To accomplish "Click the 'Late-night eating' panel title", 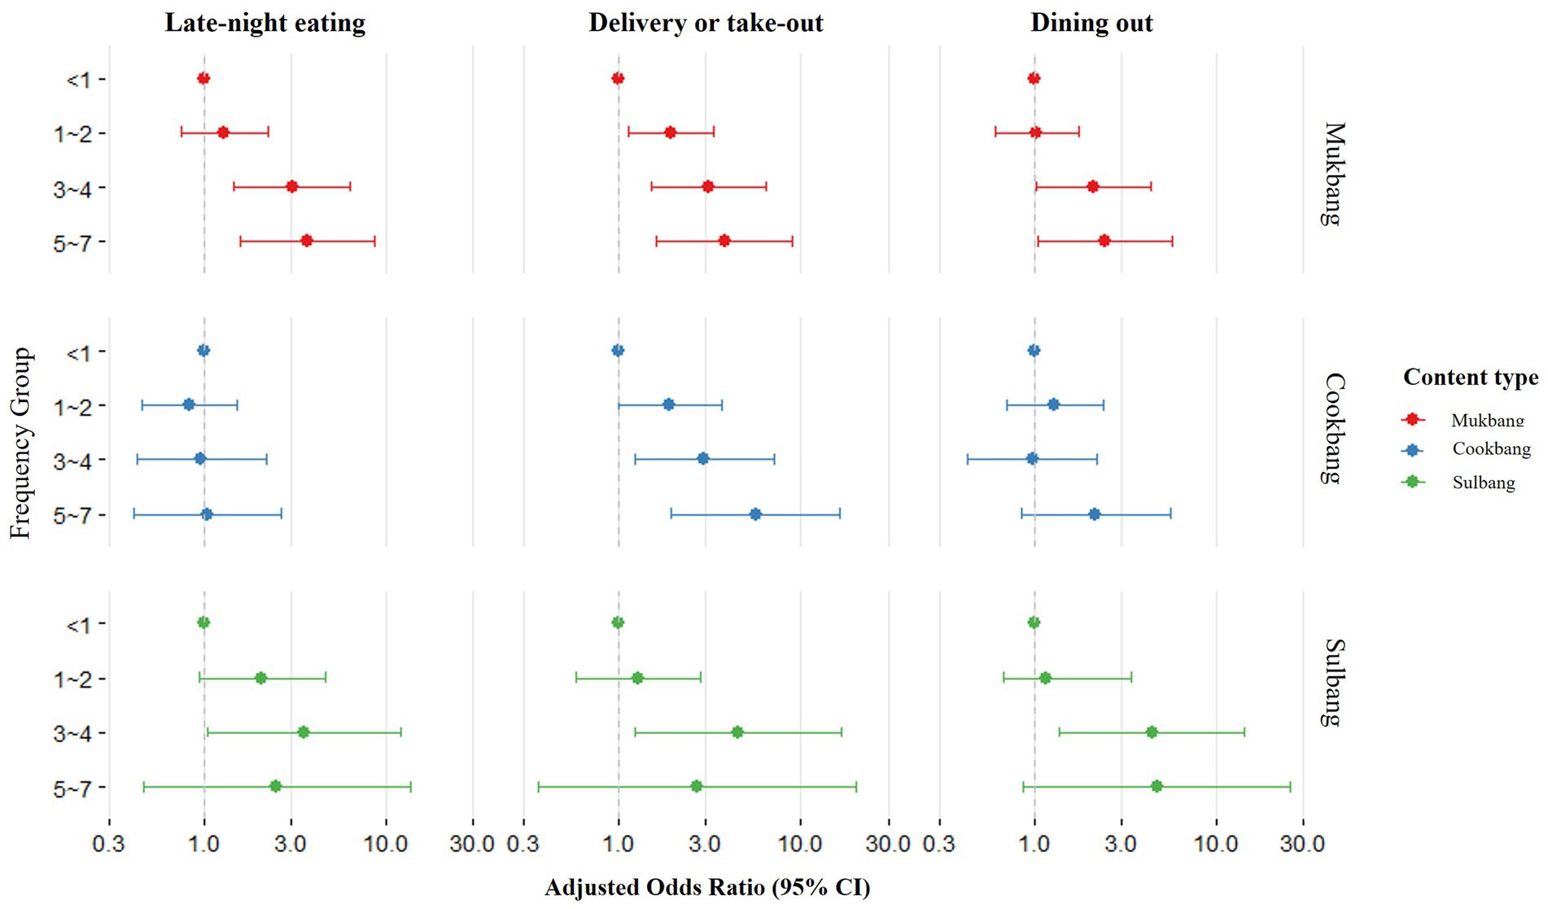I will pos(265,23).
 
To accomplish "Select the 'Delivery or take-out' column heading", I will pos(706,23).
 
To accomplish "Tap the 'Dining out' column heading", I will pos(1091,23).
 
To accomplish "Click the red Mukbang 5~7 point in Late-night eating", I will pos(307,241).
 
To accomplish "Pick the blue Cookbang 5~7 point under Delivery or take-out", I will pos(755,514).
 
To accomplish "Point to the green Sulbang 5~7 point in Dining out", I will pos(1157,786).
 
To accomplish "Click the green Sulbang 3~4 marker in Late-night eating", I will pos(304,732).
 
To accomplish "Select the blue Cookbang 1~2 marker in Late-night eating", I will pos(189,404).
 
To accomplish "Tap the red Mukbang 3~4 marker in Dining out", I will pos(1093,187).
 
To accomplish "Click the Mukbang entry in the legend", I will pos(1486,420).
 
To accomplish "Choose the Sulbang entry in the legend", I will pos(1483,483).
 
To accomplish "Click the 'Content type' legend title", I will pos(1471,378).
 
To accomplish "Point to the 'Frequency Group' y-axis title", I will pos(20,443).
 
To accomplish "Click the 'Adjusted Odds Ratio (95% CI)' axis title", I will pos(707,888).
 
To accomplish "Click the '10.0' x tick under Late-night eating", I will pos(386,844).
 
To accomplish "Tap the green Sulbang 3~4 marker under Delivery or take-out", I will pos(737,732).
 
